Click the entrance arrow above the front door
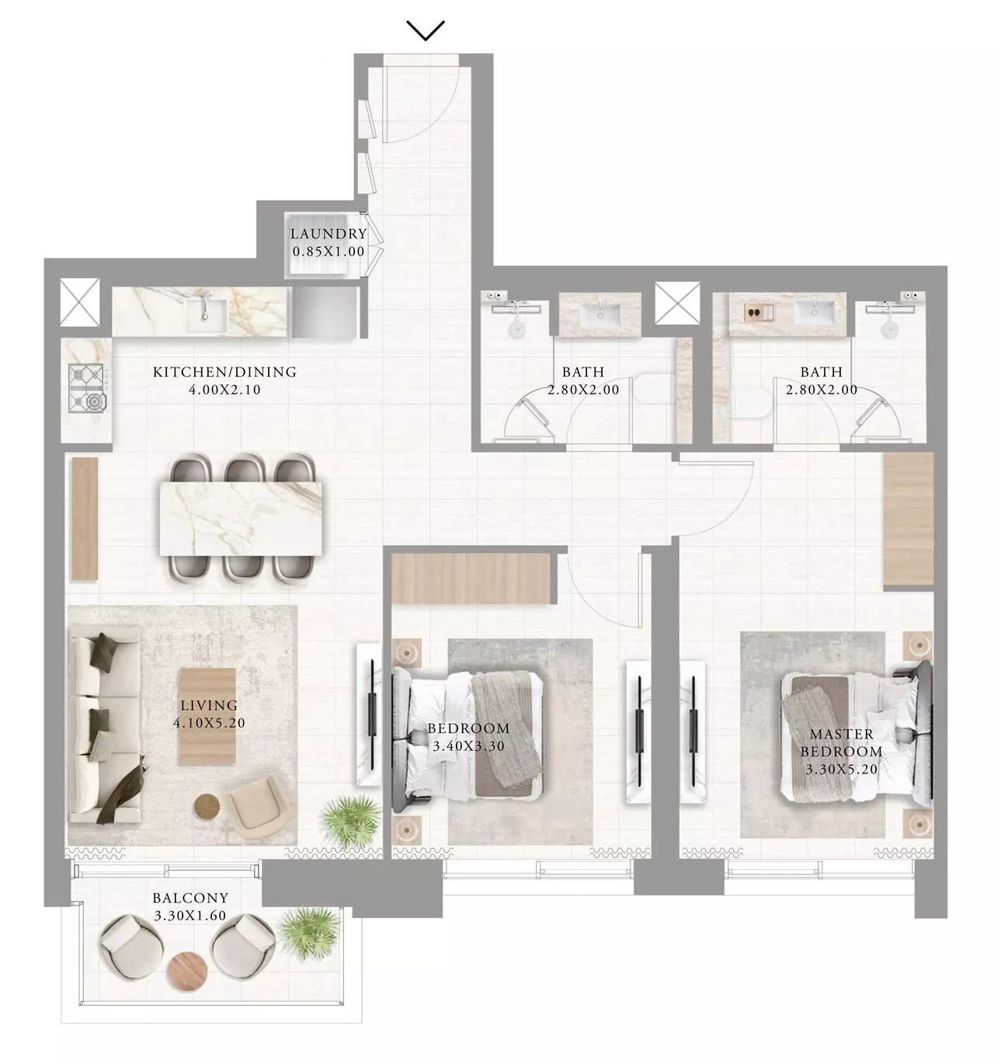426,30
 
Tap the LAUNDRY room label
328,234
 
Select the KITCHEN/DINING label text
224,371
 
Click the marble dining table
241,518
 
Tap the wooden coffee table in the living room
207,715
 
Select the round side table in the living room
207,805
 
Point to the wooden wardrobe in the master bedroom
909,519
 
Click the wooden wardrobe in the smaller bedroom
471,579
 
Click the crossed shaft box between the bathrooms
677,303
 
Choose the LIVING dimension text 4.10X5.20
209,723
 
